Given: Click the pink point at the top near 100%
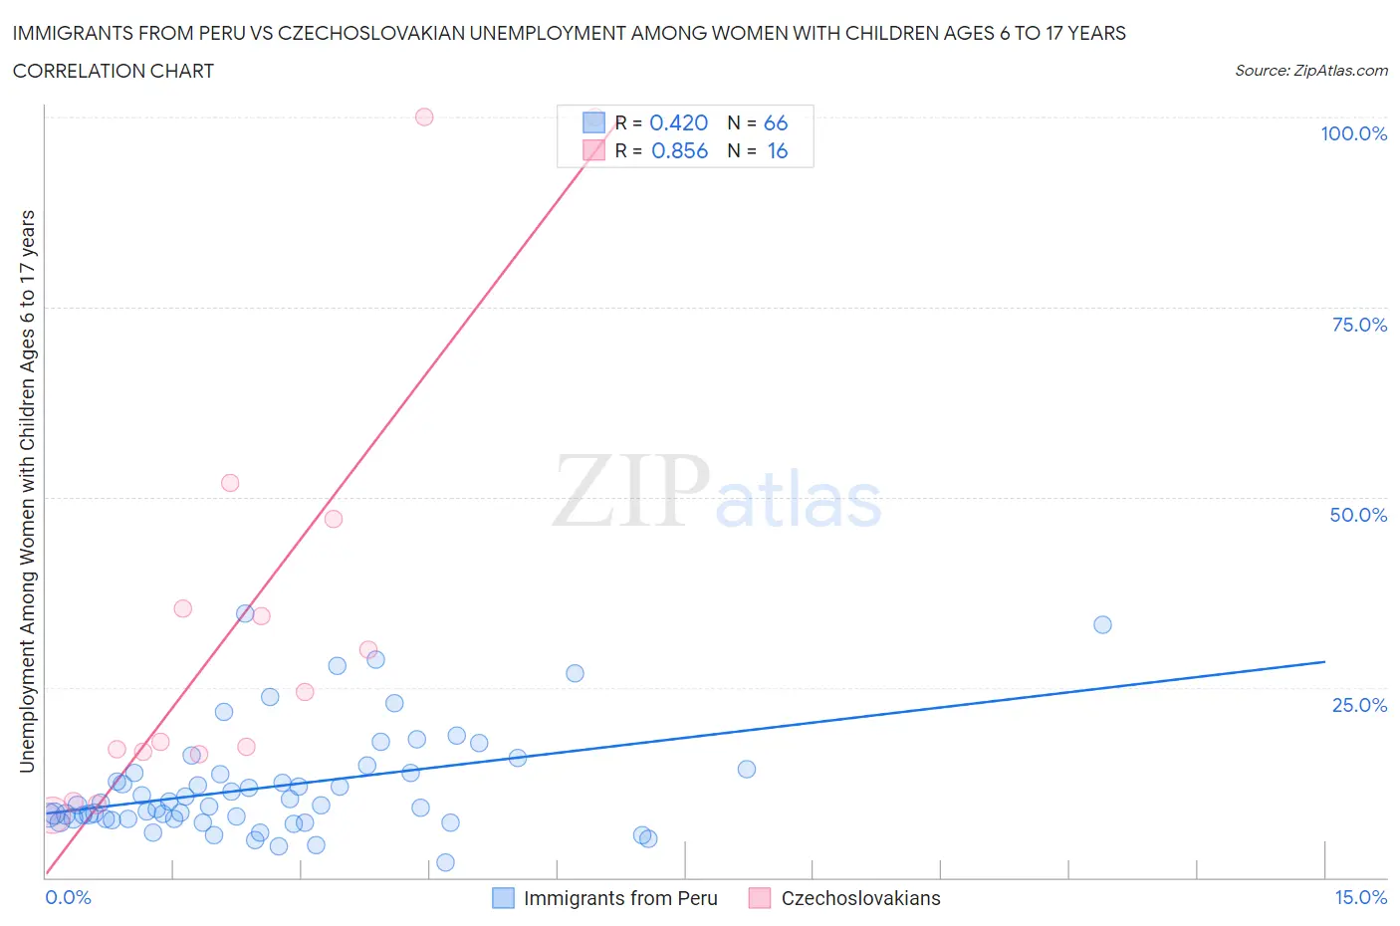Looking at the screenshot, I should point(424,116).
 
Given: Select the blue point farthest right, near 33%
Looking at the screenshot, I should point(1102,625).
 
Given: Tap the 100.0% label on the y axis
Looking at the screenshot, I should point(1353,133).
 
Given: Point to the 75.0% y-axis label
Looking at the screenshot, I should point(1359,325).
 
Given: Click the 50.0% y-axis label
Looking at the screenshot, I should point(1358,515).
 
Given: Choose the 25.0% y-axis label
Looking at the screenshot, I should point(1359,705).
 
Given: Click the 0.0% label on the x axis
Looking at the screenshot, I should point(68,897).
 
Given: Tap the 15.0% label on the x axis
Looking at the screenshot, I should point(1360,897).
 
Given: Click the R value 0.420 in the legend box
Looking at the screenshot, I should point(678,122).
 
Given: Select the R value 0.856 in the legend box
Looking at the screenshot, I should point(679,150).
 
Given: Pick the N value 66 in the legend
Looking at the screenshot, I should point(776,122).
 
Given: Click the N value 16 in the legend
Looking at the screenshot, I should point(777,150).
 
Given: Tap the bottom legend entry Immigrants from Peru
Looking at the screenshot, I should point(619,898).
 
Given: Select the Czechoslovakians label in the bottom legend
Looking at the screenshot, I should point(860,898).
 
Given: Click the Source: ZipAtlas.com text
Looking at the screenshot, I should point(1310,70).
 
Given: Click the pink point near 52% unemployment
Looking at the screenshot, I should point(230,483).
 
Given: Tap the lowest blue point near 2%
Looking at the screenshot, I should point(445,862).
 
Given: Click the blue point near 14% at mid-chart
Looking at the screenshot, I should point(747,769).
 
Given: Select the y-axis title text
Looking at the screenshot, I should point(27,491).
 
